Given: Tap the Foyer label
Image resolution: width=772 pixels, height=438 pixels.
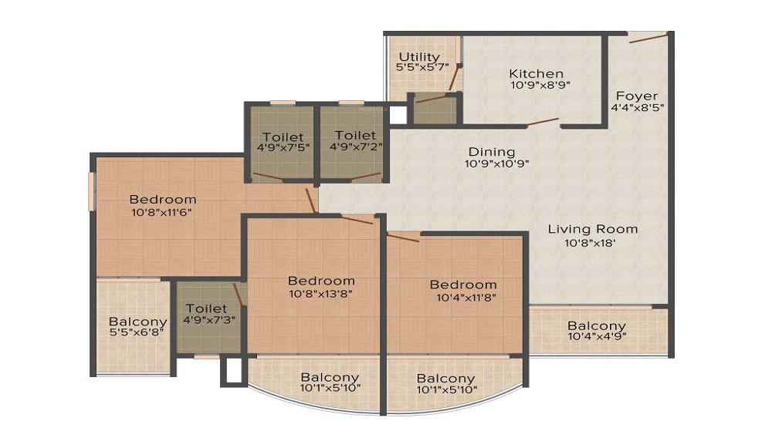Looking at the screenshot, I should click(x=637, y=96).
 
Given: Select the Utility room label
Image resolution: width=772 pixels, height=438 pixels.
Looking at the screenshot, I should click(x=419, y=57).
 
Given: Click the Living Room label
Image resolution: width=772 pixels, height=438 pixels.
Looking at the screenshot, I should click(x=593, y=229).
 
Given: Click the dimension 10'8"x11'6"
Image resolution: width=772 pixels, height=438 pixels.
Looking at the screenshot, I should click(x=163, y=213).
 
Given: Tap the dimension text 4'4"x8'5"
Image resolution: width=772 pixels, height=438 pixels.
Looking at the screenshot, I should click(x=638, y=109).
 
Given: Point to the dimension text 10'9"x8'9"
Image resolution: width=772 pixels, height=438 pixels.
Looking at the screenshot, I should click(x=539, y=86).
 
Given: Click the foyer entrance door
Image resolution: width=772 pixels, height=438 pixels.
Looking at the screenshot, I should click(x=648, y=37).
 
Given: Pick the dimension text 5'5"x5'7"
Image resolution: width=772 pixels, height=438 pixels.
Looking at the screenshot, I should click(x=419, y=69).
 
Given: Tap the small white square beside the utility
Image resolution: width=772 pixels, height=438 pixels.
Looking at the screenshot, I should click(x=397, y=115).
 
